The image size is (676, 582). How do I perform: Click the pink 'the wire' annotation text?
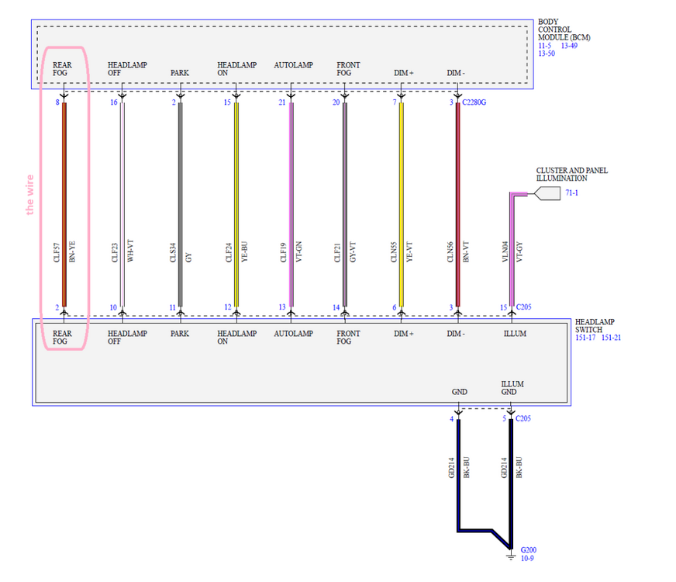(30, 194)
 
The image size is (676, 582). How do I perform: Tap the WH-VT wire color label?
(130, 252)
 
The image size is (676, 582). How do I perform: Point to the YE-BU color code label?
(245, 252)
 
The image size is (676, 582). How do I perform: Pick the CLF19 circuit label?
(283, 252)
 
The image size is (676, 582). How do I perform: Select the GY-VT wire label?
(354, 252)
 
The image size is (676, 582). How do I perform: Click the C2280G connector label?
(474, 102)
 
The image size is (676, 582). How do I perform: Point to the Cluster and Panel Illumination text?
(571, 174)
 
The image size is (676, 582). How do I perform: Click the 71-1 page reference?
(572, 192)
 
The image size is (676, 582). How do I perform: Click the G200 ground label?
(528, 549)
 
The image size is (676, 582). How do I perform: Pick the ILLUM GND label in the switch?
(509, 388)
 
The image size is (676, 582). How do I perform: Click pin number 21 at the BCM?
(282, 102)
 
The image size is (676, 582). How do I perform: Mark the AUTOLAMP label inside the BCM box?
(293, 65)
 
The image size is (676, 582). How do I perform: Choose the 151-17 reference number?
(586, 338)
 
